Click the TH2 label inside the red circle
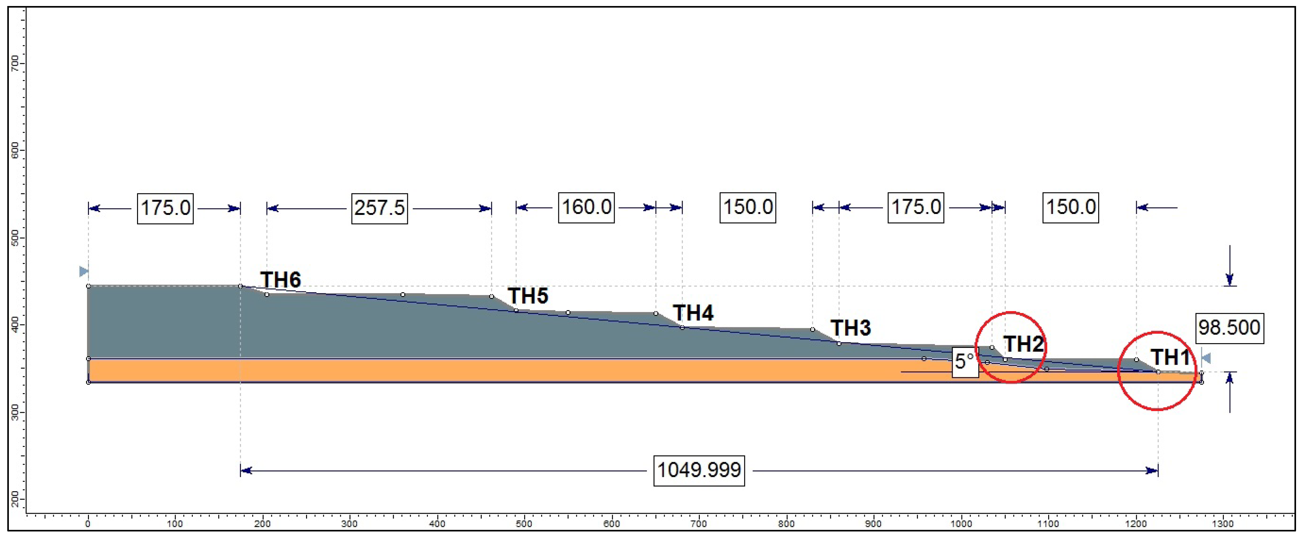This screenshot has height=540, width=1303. [x=1023, y=344]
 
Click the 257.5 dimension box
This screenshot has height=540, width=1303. [x=379, y=208]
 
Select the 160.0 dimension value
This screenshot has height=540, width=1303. [x=586, y=207]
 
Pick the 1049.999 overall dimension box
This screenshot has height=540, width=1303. [x=698, y=470]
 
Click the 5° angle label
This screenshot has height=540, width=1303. [x=964, y=362]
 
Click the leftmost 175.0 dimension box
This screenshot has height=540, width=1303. [x=166, y=208]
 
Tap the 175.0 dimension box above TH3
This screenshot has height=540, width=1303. [x=916, y=207]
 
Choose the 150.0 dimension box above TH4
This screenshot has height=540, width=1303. [x=748, y=207]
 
